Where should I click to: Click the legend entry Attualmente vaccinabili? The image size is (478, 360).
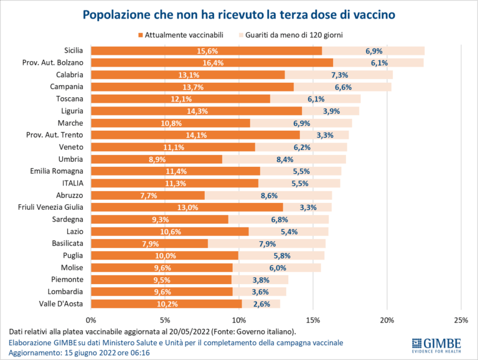[x=184, y=36]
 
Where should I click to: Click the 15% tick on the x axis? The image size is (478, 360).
[x=313, y=320]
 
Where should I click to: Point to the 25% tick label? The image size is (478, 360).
[x=461, y=320]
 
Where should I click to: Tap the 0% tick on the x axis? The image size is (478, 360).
[x=91, y=320]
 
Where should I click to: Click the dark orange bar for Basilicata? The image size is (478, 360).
[x=149, y=244]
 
